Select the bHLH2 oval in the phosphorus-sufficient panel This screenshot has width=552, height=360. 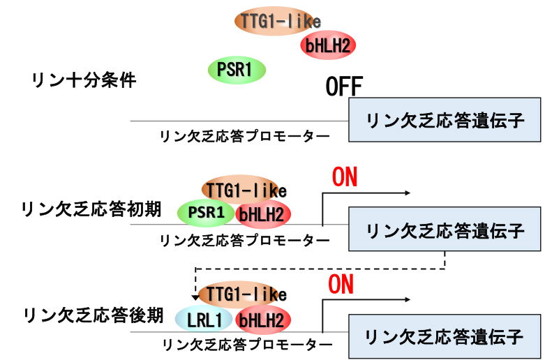[328, 46]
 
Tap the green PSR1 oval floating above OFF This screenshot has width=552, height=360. [238, 69]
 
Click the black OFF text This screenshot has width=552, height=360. [345, 87]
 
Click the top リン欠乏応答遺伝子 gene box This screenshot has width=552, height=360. [445, 120]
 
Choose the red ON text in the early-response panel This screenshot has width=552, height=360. [344, 177]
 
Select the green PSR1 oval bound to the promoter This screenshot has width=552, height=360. [207, 213]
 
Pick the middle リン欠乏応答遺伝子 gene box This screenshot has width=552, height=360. [445, 230]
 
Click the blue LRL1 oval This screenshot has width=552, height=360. [204, 320]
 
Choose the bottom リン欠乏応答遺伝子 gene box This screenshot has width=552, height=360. [445, 337]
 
